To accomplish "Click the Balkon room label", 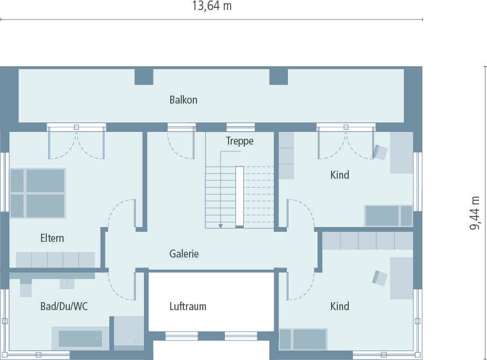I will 183,99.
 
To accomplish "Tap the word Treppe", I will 240,141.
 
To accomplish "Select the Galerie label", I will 184,254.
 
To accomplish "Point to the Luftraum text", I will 188,306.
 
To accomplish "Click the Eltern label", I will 52,238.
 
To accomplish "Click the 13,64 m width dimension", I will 212,6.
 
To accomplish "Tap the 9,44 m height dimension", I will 475,213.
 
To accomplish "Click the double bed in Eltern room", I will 37,193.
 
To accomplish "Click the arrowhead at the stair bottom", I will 221,225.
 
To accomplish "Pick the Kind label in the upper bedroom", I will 339,175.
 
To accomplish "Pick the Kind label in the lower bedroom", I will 339,306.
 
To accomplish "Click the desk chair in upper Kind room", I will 380,152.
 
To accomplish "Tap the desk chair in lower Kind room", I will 380,277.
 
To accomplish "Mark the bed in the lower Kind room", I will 303,339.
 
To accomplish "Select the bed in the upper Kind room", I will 388,215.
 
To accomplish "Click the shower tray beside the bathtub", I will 129,332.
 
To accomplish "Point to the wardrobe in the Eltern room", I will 55,260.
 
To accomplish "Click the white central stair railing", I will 240,196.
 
